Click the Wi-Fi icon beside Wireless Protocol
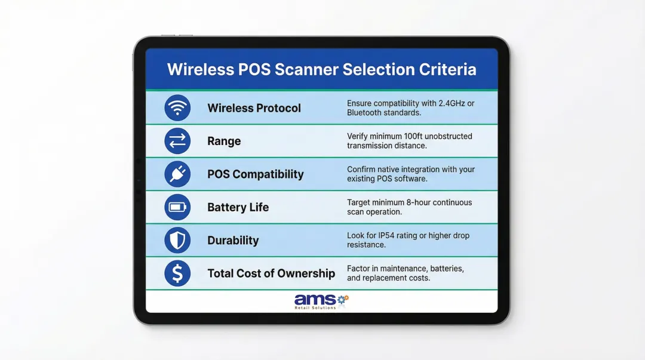coord(177,108)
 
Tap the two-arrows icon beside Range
coord(177,141)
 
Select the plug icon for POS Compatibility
coord(177,174)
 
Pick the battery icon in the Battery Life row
coord(177,207)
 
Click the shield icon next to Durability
coord(177,241)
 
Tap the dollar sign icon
coord(177,273)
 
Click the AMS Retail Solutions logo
coord(321,301)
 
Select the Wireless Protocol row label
coord(254,108)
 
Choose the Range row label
coord(224,141)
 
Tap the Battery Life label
coord(238,207)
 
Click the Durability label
coord(233,241)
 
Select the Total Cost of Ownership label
coord(271,273)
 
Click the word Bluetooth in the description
coord(366,113)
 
